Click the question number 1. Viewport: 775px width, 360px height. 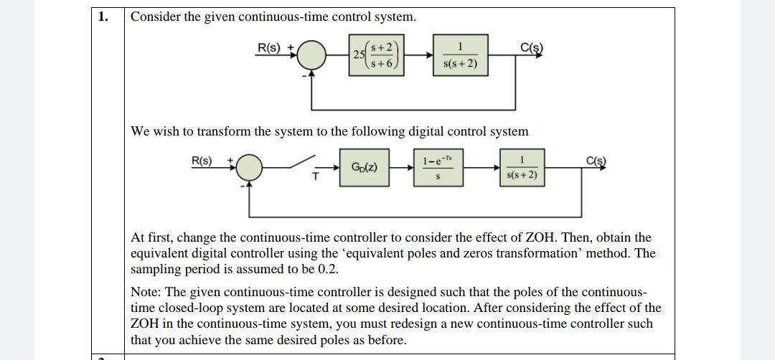tap(103, 16)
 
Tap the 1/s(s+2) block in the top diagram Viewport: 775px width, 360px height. tap(460, 55)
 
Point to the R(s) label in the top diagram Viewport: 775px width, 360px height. tap(270, 48)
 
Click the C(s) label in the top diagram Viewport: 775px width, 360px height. tap(531, 48)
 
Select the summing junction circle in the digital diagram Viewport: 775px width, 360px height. tap(249, 167)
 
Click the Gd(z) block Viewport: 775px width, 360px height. tap(364, 167)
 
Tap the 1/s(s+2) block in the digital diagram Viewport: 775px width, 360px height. tap(522, 167)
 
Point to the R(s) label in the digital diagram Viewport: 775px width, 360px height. tap(202, 160)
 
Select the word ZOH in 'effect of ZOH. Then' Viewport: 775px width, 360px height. tap(541, 237)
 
